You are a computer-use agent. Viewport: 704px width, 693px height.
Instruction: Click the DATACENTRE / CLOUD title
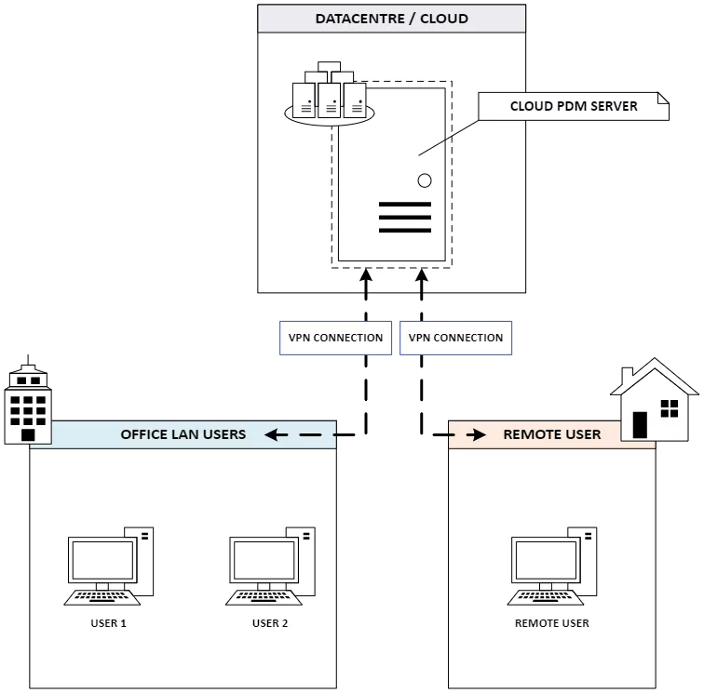pos(391,19)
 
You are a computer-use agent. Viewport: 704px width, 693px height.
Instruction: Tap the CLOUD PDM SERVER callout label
pos(574,106)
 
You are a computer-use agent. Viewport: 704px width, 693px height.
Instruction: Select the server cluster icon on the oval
pos(329,97)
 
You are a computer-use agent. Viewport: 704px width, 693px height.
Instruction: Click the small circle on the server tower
pos(425,180)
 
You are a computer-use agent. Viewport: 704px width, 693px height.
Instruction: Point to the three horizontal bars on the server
pos(405,217)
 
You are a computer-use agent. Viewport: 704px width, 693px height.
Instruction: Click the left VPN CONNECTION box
pos(335,338)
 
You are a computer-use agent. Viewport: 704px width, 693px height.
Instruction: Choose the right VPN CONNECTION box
pos(456,338)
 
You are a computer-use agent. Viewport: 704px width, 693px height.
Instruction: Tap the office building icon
pos(28,406)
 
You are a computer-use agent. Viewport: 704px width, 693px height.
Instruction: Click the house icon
pos(655,399)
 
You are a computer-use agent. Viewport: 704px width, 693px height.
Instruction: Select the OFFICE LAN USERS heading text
pos(183,434)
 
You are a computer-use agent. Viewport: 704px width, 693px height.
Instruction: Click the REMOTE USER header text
pos(552,434)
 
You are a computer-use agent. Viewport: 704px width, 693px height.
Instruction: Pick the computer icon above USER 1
pos(110,566)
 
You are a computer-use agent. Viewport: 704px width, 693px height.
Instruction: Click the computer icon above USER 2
pos(270,566)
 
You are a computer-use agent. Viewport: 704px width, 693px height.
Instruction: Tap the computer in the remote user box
pos(552,566)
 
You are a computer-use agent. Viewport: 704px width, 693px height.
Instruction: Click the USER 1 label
pos(110,623)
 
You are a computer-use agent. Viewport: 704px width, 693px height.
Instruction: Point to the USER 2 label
pos(270,623)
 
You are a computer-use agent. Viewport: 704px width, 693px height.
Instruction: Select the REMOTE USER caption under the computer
pos(552,623)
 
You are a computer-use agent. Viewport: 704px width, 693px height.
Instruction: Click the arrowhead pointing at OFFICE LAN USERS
pos(271,434)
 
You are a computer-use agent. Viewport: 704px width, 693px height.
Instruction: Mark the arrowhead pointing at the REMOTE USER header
pos(480,434)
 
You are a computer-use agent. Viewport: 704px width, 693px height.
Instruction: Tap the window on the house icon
pos(669,407)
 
